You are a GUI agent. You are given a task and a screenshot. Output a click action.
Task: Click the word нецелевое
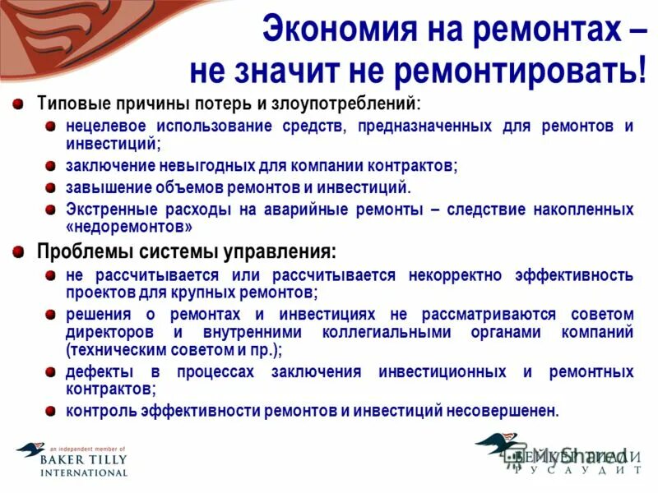pyautogui.click(x=107, y=127)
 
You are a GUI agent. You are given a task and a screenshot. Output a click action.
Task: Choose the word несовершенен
pyautogui.click(x=504, y=410)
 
